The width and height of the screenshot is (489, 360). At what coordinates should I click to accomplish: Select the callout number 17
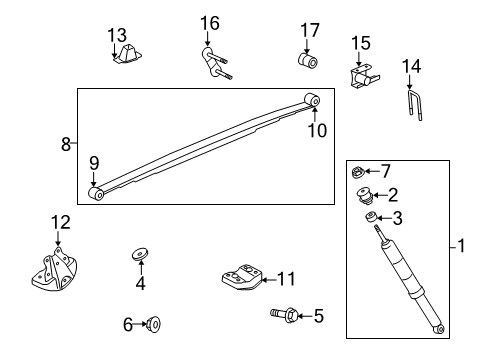click(x=310, y=30)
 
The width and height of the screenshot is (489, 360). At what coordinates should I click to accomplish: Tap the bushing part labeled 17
click(x=308, y=60)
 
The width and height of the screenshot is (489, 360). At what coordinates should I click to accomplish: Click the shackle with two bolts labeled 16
click(x=215, y=63)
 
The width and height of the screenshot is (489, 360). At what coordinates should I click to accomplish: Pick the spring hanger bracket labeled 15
click(x=364, y=76)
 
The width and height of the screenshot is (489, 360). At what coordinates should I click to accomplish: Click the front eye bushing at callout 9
click(x=96, y=194)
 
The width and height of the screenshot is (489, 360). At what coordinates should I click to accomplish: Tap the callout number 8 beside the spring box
click(x=66, y=144)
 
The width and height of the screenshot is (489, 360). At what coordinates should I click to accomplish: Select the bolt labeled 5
click(x=284, y=315)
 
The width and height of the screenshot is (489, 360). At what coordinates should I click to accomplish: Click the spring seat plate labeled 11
click(x=242, y=277)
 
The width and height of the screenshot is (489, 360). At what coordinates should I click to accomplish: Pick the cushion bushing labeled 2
click(x=364, y=196)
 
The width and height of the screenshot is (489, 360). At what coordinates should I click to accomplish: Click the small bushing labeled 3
click(x=371, y=217)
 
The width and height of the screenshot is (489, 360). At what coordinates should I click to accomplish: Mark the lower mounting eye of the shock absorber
click(x=439, y=329)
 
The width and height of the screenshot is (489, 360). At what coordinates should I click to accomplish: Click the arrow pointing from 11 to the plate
click(x=270, y=280)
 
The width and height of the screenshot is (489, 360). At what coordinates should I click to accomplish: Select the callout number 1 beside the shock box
click(x=461, y=246)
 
